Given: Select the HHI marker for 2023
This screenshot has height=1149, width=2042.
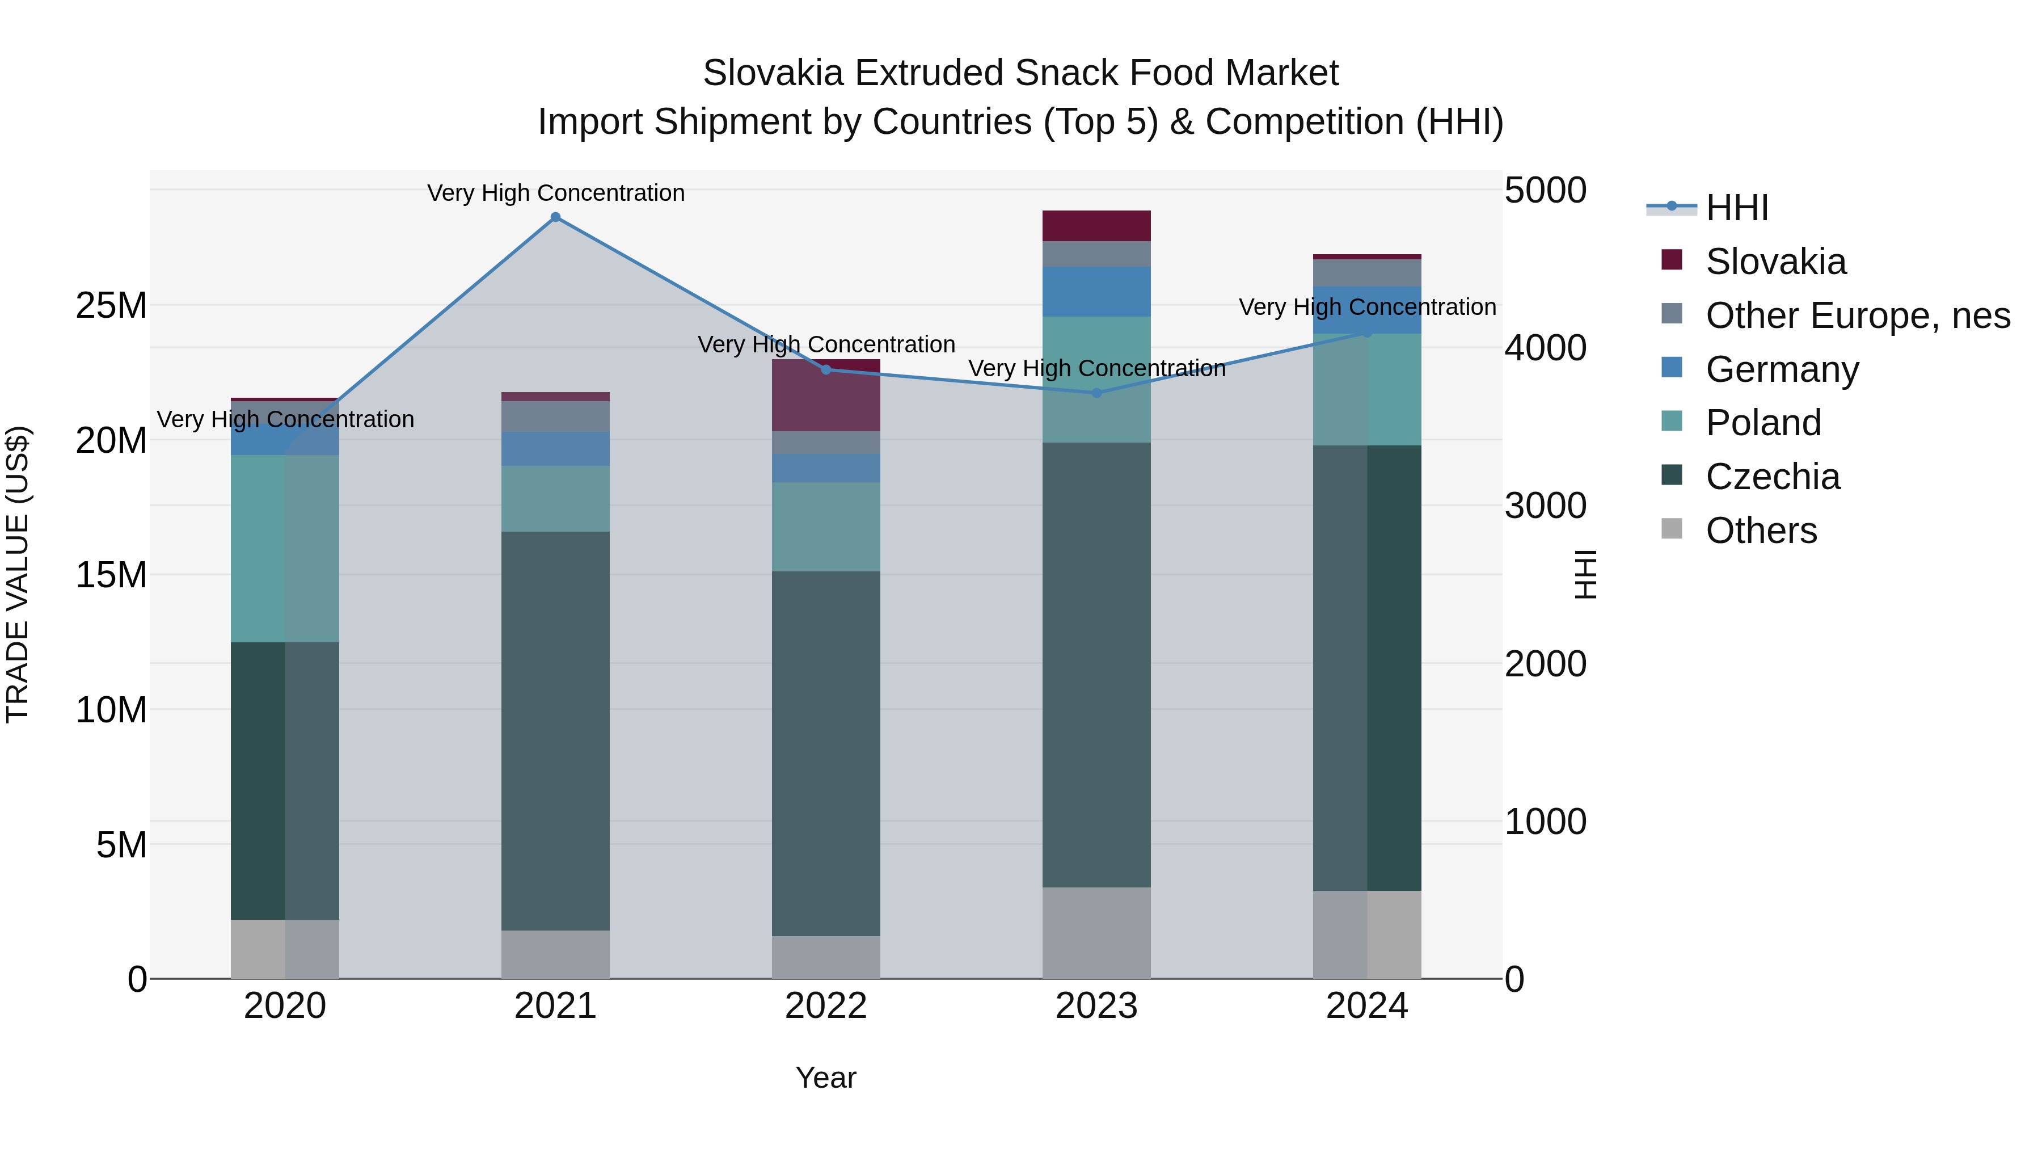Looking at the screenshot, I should point(1096,393).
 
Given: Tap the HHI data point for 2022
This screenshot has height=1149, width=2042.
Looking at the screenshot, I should point(826,369).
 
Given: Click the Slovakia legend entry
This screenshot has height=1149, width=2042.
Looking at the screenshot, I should point(1775,262).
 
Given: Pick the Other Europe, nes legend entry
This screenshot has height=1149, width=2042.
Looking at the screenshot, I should point(1857,315).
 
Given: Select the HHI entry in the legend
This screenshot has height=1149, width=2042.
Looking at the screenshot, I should point(1736,208).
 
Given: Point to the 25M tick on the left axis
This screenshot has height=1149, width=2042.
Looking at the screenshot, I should point(111,305).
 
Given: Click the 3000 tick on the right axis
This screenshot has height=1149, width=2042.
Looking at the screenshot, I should point(1545,506).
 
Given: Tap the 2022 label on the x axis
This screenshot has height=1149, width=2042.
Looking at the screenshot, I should point(826,1006).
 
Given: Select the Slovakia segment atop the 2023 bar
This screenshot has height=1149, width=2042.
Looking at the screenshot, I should point(1096,226).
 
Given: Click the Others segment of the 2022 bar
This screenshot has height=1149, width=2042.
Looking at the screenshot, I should point(826,957).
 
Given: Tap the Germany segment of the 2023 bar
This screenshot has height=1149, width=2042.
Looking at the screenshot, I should point(1096,292).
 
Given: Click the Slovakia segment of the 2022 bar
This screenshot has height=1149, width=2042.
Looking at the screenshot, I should point(826,395).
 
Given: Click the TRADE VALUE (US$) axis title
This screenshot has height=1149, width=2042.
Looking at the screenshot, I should point(18,574).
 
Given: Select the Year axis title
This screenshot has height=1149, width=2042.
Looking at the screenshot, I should point(826,1078).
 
